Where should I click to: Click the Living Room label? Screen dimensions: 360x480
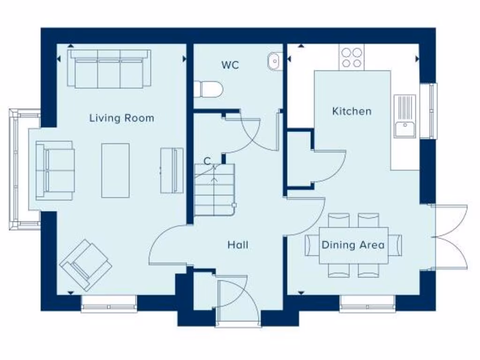[x=121, y=118]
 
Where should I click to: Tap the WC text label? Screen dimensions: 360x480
[x=230, y=65]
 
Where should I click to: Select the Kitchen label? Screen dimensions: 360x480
[x=352, y=111]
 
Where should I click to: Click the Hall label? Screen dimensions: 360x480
[x=238, y=245]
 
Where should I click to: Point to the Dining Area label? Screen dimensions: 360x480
[x=353, y=245]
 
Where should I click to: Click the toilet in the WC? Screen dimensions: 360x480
[x=207, y=89]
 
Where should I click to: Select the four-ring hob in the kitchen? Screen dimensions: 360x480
[x=352, y=58]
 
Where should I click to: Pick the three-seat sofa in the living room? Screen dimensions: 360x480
[x=109, y=69]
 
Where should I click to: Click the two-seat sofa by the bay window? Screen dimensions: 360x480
[x=55, y=170]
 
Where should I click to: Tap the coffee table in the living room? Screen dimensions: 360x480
[x=115, y=170]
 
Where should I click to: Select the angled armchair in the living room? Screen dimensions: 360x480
[x=85, y=264]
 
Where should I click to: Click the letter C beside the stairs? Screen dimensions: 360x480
[x=207, y=161]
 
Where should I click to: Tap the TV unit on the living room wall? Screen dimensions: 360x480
[x=172, y=170]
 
